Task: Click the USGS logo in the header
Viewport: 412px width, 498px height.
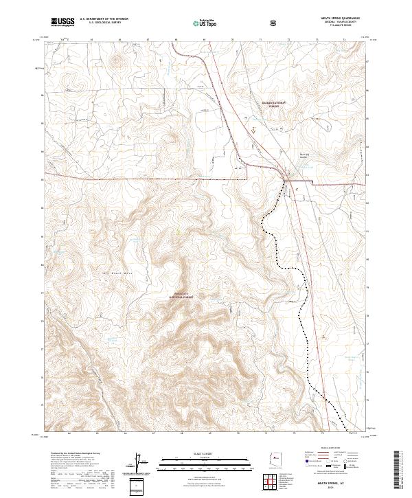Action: click(x=63, y=21)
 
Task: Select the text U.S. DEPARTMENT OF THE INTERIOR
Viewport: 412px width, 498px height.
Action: click(x=104, y=19)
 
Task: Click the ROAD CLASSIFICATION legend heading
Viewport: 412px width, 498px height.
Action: click(x=331, y=451)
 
